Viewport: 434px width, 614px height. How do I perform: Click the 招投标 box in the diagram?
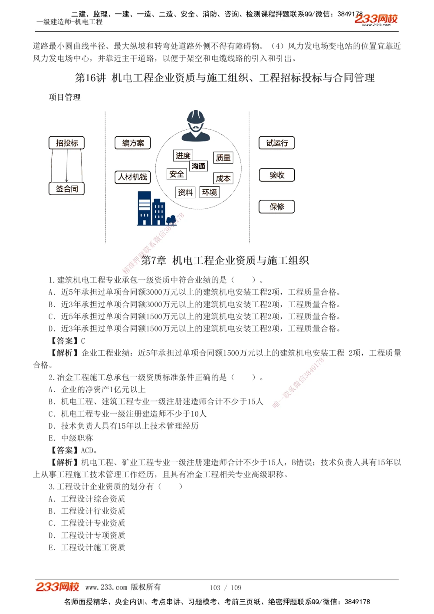(x=67, y=143)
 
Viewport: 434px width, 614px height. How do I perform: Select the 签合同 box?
(x=67, y=189)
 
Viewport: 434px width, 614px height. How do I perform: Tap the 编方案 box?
(x=133, y=143)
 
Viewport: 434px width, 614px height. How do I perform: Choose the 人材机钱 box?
(x=133, y=177)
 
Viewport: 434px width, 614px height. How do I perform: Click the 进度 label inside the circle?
(x=183, y=155)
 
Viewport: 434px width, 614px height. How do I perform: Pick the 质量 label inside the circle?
(x=223, y=158)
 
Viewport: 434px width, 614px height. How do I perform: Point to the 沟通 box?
(x=198, y=166)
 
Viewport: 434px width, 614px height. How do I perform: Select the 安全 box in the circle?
(x=177, y=174)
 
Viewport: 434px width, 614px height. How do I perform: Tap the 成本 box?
(x=223, y=178)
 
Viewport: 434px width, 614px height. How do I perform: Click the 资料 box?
(x=185, y=192)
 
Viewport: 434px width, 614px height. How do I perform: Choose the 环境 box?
(x=210, y=192)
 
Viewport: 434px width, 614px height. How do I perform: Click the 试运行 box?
(x=277, y=143)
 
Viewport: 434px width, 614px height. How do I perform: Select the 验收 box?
(x=277, y=175)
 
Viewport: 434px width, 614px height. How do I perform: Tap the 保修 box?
(x=277, y=207)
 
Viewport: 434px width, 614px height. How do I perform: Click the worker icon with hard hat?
(x=196, y=125)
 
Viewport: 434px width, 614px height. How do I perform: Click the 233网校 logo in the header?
(x=376, y=19)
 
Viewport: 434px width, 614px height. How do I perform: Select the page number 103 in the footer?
(x=215, y=588)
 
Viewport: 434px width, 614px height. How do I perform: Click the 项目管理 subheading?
(x=65, y=97)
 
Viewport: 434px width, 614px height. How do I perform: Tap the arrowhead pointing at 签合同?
(x=67, y=180)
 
